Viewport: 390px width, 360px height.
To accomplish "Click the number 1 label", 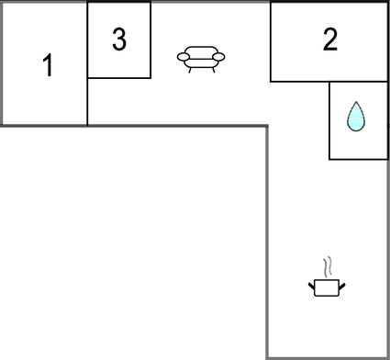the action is coord(48,65).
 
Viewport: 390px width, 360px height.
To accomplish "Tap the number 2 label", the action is coord(329,39).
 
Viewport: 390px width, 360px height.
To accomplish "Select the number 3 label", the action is coord(118,39).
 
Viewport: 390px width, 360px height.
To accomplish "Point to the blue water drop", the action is coord(355,118).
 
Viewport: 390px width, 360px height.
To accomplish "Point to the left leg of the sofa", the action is coord(190,70).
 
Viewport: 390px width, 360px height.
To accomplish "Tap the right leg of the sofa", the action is coord(213,70).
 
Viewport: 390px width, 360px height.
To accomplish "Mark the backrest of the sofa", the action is coord(201,51).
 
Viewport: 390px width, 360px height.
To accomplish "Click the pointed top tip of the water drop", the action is coord(355,104).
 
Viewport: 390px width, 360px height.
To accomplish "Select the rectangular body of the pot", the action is coord(327,288).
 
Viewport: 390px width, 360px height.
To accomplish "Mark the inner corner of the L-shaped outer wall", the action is coord(267,126).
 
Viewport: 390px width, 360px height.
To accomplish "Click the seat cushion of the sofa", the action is coord(201,62).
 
